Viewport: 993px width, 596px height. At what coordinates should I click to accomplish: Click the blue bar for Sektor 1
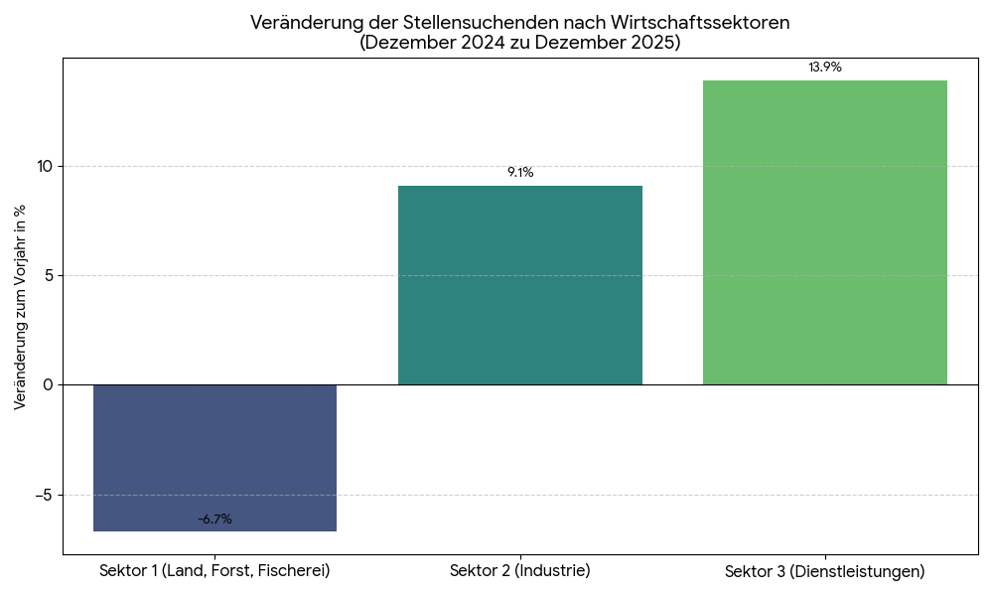point(214,457)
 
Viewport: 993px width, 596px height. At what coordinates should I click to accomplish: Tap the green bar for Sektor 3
point(825,232)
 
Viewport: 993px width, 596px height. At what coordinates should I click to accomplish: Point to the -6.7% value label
point(214,520)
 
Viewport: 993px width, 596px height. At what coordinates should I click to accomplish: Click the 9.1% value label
point(520,173)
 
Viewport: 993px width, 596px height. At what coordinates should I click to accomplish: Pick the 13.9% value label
point(825,68)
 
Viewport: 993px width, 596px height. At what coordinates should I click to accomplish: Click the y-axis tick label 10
point(45,166)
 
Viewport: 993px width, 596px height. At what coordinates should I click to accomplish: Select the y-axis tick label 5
point(49,275)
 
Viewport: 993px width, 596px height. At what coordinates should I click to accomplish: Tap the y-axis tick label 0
point(49,384)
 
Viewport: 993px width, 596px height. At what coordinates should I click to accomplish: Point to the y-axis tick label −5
point(44,495)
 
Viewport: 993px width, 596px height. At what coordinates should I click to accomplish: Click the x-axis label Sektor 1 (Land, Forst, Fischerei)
point(214,571)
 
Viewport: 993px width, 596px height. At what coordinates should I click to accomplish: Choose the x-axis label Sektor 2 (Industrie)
point(520,571)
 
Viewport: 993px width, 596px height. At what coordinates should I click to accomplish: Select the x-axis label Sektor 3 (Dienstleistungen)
point(825,572)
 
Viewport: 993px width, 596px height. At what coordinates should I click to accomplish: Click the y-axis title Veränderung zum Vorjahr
point(20,308)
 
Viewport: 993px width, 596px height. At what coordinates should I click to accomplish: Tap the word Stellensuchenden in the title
point(458,23)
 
